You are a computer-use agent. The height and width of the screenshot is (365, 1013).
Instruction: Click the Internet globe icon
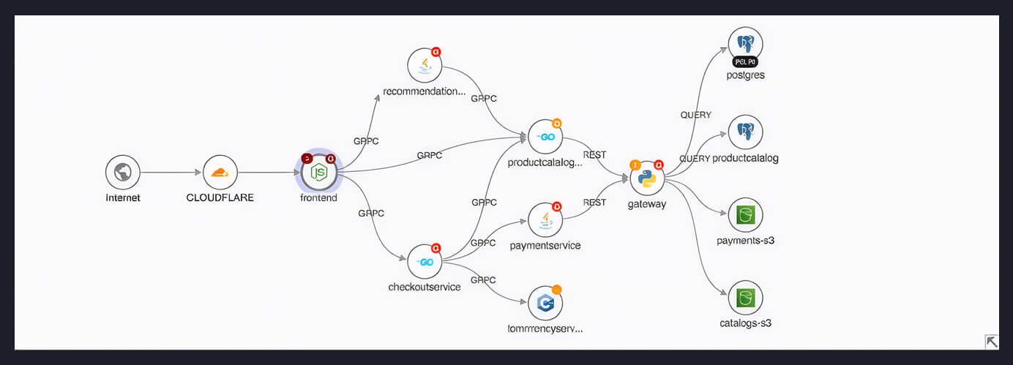[122, 173]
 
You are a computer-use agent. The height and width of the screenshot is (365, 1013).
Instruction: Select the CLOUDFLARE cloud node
[220, 173]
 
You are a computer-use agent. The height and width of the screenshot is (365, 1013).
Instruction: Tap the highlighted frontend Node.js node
[319, 173]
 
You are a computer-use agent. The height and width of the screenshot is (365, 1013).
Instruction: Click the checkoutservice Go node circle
[425, 262]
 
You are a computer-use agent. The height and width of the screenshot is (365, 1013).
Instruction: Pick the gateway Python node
[647, 178]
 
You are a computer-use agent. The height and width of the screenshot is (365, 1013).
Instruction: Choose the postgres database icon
[745, 43]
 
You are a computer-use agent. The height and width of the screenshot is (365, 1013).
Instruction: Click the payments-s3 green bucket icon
[745, 215]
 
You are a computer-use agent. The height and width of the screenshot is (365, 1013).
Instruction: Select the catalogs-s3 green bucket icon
[745, 298]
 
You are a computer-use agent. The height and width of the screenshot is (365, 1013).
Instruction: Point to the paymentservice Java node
[545, 219]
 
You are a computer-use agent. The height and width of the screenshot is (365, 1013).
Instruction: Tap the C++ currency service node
[545, 303]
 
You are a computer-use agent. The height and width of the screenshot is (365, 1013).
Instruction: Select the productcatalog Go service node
[545, 137]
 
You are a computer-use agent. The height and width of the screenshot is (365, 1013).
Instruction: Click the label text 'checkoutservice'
[425, 287]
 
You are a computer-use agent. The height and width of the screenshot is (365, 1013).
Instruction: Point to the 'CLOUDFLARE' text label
[220, 197]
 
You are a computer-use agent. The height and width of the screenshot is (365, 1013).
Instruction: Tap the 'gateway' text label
[647, 204]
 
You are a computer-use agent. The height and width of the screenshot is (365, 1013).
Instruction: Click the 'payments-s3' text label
[745, 240]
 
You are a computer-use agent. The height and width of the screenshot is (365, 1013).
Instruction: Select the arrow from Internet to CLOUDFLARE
[171, 173]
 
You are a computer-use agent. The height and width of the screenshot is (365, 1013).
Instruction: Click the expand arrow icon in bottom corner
[992, 342]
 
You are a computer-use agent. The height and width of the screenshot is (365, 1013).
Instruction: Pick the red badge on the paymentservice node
[557, 206]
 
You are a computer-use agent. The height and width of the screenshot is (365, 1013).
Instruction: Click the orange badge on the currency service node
[557, 290]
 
